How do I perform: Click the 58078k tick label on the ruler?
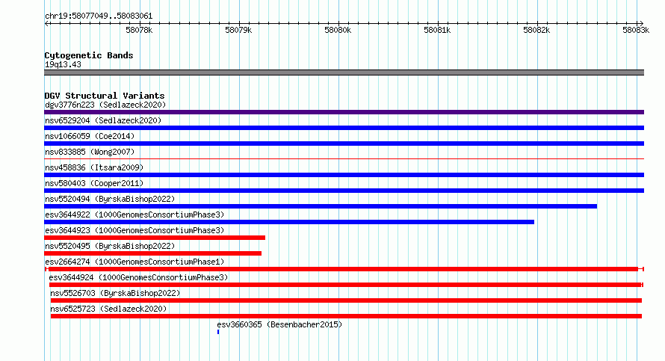(139, 30)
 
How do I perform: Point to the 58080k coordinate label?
(338, 30)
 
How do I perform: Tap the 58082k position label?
(536, 30)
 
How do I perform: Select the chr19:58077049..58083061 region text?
(99, 16)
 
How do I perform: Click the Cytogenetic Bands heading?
(89, 55)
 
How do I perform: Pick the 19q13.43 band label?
(63, 64)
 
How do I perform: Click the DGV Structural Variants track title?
(105, 96)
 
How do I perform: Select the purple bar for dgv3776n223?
(344, 112)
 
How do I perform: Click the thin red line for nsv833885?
(344, 159)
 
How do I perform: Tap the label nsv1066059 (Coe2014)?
(90, 136)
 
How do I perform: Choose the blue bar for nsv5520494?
(321, 206)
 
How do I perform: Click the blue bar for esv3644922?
(289, 222)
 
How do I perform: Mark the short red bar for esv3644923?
(155, 238)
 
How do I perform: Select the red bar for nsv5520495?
(152, 253)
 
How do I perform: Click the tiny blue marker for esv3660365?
(218, 332)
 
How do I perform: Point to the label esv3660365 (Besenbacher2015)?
(279, 324)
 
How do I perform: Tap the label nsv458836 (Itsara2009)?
(94, 167)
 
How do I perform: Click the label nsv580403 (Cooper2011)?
(94, 183)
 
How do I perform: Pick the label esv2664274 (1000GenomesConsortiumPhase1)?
(134, 262)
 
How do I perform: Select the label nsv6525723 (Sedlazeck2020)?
(108, 309)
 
